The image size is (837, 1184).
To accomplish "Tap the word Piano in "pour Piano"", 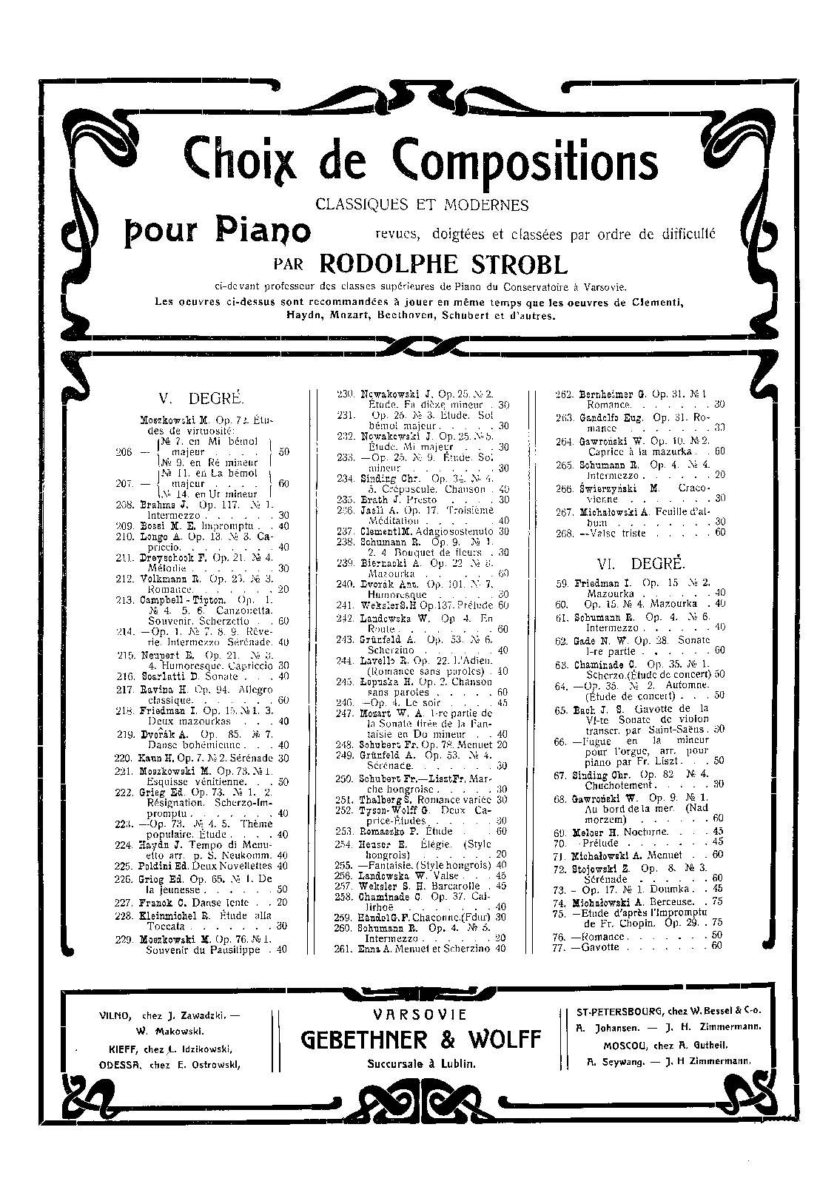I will (263, 231).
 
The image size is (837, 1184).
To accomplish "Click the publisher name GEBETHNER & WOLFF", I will (421, 1040).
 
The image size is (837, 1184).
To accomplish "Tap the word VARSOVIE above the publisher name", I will (420, 1015).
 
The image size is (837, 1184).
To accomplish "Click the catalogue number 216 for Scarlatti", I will (125, 677).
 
